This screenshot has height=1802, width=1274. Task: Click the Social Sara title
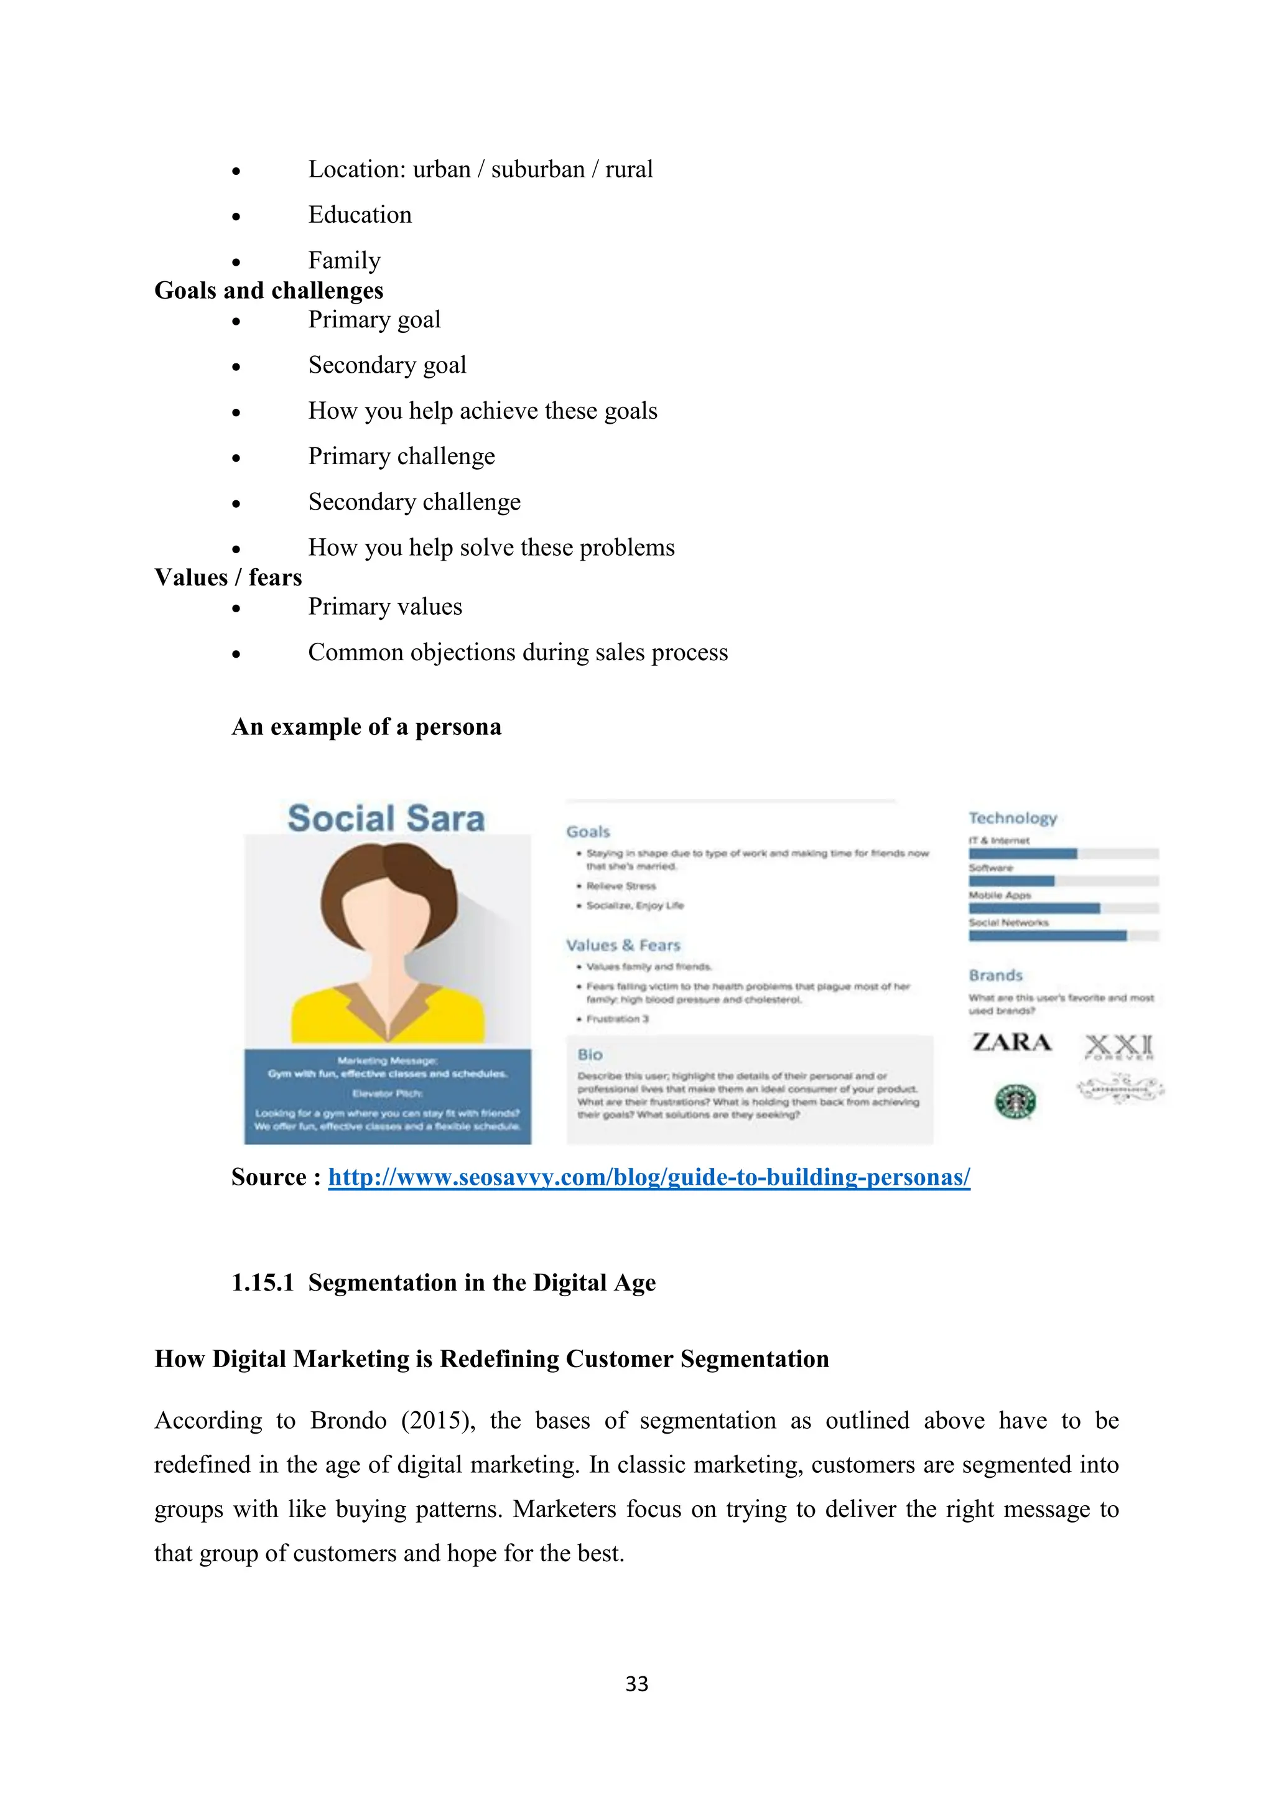click(386, 819)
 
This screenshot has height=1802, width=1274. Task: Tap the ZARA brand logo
click(1011, 1042)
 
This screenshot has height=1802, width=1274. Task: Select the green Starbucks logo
click(1015, 1101)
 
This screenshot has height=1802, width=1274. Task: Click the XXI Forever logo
click(1118, 1046)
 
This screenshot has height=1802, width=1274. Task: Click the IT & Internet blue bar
click(1022, 854)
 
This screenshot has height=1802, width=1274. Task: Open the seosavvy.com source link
click(649, 1177)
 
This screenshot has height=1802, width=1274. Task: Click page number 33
click(636, 1684)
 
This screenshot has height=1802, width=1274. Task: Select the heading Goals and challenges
click(268, 291)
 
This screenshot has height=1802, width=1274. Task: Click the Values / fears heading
click(228, 577)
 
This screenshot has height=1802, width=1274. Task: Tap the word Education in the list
click(360, 215)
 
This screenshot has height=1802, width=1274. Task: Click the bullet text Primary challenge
click(401, 457)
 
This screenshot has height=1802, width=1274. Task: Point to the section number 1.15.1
click(262, 1282)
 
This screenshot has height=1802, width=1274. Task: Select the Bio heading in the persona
click(590, 1055)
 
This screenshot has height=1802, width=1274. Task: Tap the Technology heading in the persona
click(1012, 818)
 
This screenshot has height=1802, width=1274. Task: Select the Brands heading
click(995, 975)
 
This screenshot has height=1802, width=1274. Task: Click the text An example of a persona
click(366, 727)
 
